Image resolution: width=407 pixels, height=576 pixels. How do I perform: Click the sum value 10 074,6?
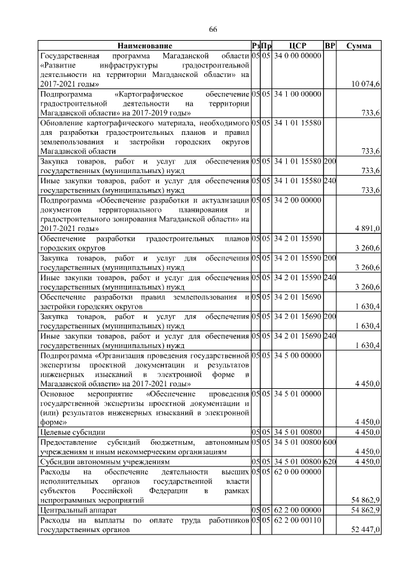(366, 84)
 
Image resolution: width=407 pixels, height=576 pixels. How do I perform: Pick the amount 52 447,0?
(366, 530)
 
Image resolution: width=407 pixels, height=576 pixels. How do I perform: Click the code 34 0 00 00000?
(297, 56)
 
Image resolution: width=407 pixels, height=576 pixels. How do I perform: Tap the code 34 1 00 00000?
(297, 94)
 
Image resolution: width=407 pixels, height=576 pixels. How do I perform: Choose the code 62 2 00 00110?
(297, 521)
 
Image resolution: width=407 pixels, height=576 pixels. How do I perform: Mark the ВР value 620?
(329, 461)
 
